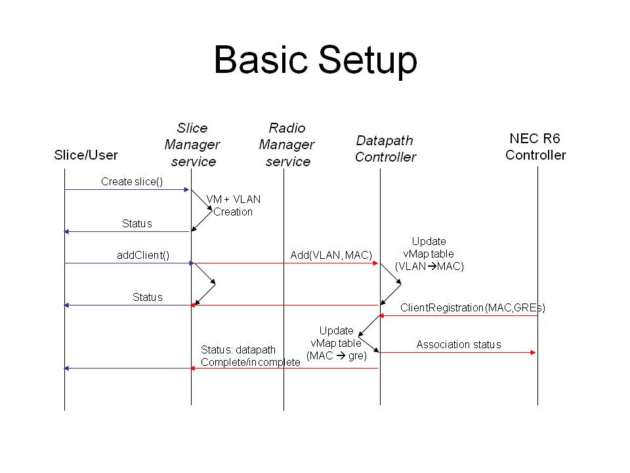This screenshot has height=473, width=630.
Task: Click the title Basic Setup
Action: pyautogui.click(x=316, y=60)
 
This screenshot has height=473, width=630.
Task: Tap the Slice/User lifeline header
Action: pyautogui.click(x=86, y=155)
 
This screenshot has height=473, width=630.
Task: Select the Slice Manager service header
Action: pyautogui.click(x=192, y=145)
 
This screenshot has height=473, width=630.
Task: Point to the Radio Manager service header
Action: pyautogui.click(x=287, y=145)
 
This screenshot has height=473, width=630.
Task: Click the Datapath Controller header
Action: pyautogui.click(x=385, y=148)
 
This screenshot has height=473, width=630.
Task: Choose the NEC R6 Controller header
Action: pyautogui.click(x=535, y=146)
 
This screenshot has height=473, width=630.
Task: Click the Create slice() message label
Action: pyautogui.click(x=132, y=182)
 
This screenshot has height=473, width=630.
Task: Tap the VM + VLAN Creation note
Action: pyautogui.click(x=234, y=205)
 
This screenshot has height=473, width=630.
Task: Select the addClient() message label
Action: pyautogui.click(x=143, y=255)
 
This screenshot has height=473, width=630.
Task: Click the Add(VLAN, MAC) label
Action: pyautogui.click(x=331, y=255)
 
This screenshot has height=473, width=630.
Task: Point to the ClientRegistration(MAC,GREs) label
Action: pyautogui.click(x=472, y=307)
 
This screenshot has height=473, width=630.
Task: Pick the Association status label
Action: pyautogui.click(x=459, y=345)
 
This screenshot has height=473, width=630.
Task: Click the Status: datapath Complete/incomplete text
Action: pyautogui.click(x=250, y=356)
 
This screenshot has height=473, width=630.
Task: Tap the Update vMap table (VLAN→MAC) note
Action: pyautogui.click(x=429, y=254)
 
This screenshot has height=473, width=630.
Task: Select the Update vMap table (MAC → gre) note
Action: pyautogui.click(x=336, y=343)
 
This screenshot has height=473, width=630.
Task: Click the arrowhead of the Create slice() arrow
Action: pyautogui.click(x=186, y=189)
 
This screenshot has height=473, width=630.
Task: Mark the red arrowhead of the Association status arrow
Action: pyautogui.click(x=533, y=353)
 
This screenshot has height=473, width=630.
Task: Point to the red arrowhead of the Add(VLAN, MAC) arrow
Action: pyautogui.click(x=375, y=263)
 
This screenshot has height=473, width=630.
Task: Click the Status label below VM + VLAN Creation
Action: pyautogui.click(x=137, y=223)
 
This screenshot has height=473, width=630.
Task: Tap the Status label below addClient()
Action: pyautogui.click(x=148, y=297)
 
